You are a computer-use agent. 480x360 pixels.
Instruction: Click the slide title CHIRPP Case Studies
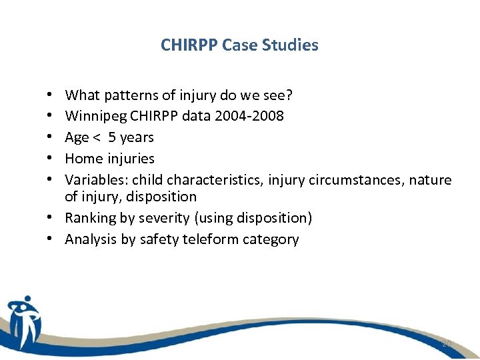239,45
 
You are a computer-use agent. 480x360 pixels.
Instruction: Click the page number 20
447,343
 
